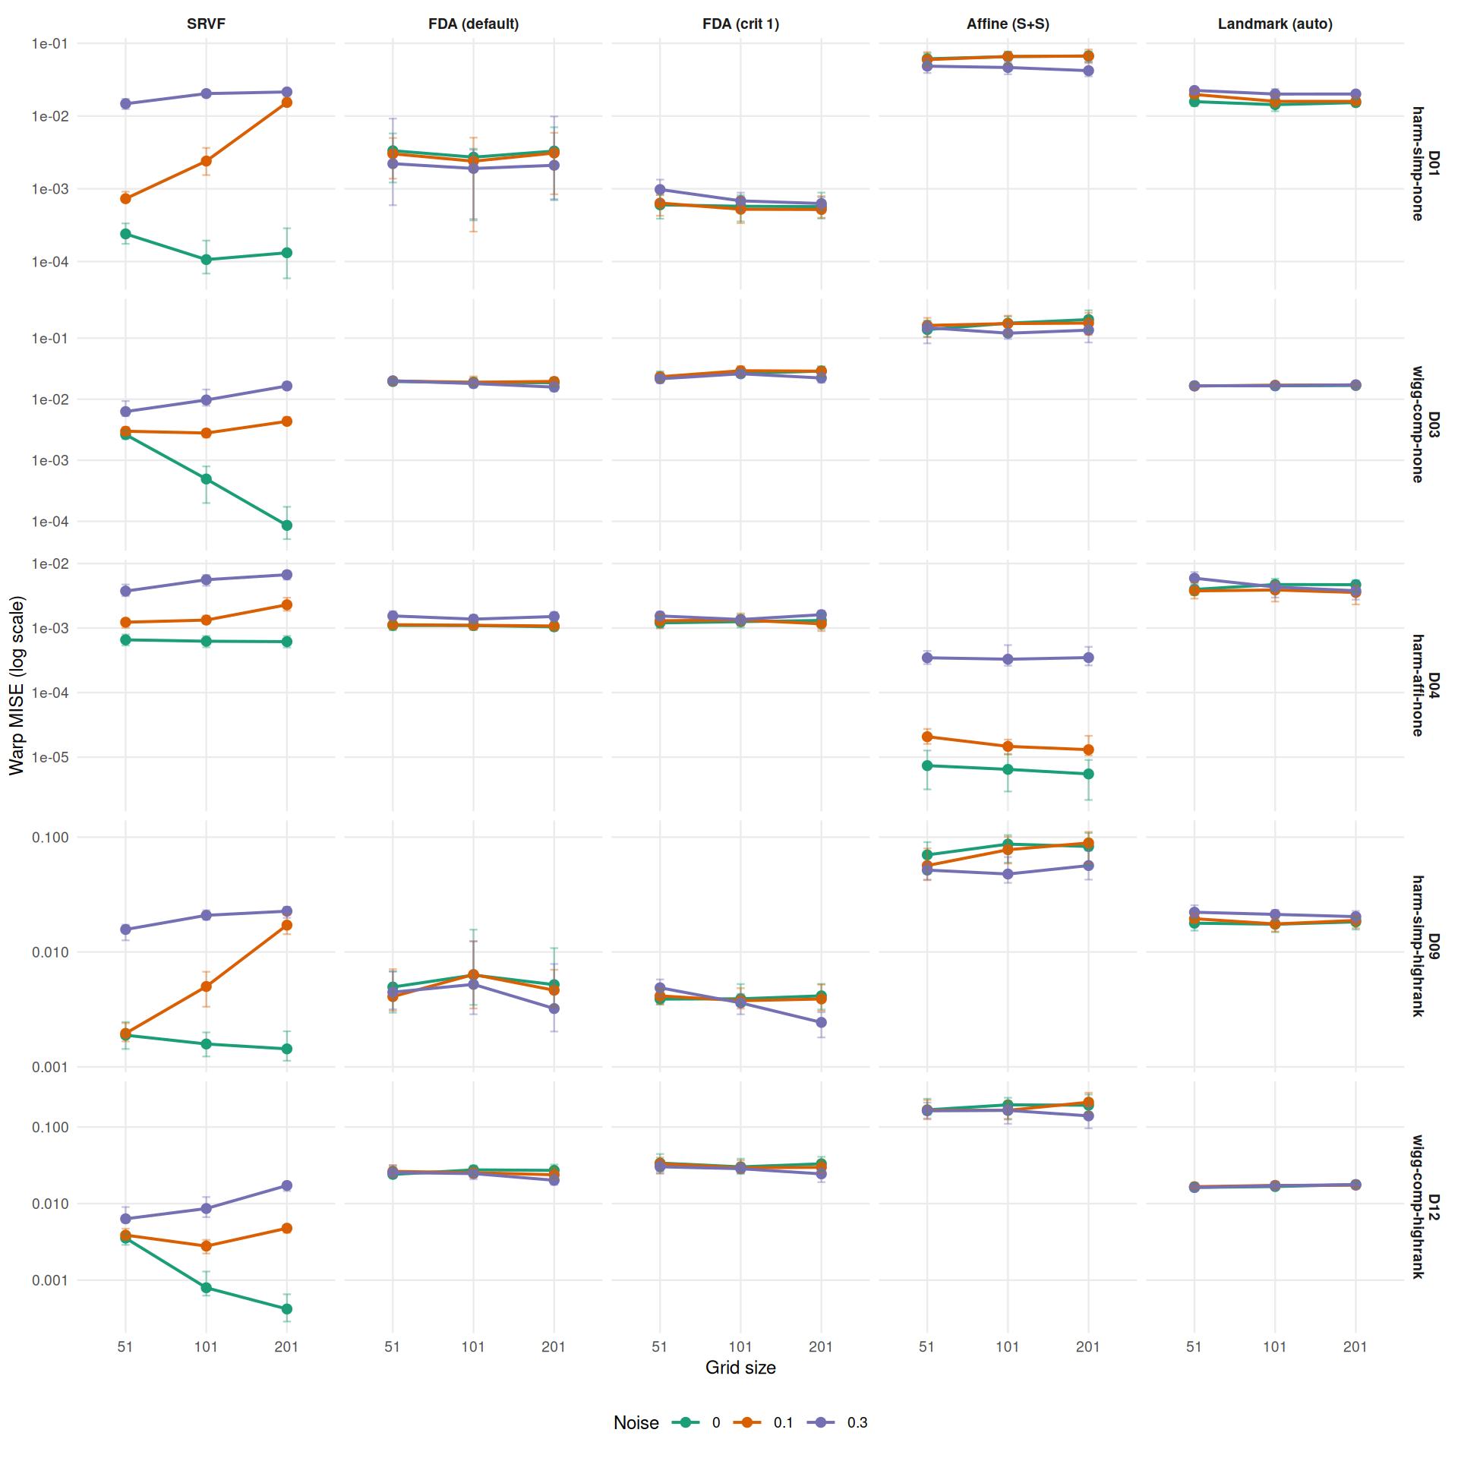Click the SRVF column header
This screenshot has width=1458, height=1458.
pyautogui.click(x=206, y=24)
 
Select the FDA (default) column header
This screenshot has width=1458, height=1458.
pyautogui.click(x=473, y=24)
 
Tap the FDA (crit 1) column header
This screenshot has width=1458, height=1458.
pyautogui.click(x=740, y=24)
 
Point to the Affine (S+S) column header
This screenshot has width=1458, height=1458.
pyautogui.click(x=1008, y=24)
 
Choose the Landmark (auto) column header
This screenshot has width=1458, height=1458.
pyautogui.click(x=1275, y=24)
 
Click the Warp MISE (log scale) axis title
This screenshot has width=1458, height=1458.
pyautogui.click(x=17, y=684)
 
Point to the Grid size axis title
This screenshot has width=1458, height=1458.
pyautogui.click(x=740, y=1368)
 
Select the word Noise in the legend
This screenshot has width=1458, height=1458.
pyautogui.click(x=636, y=1423)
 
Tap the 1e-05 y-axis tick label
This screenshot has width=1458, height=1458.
pyautogui.click(x=49, y=757)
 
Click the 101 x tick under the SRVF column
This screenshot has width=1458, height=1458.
pyautogui.click(x=206, y=1347)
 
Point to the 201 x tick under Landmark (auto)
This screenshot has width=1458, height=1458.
pyautogui.click(x=1355, y=1347)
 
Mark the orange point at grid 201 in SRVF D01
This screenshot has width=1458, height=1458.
pyautogui.click(x=287, y=103)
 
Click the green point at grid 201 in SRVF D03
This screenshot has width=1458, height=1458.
pyautogui.click(x=287, y=525)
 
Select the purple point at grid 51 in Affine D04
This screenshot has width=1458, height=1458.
pyautogui.click(x=927, y=658)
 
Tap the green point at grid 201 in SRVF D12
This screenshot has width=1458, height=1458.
pyautogui.click(x=287, y=1309)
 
